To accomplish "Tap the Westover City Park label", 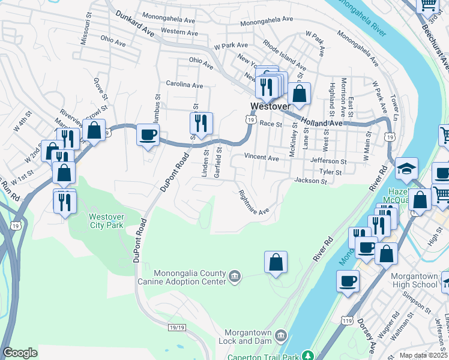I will click(x=106, y=221).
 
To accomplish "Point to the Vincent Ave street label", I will click(x=261, y=158).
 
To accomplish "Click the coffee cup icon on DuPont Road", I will click(x=148, y=135).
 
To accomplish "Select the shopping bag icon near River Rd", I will click(x=276, y=262).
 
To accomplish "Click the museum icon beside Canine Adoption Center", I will click(x=234, y=277).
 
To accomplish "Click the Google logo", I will click(x=20, y=353).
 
